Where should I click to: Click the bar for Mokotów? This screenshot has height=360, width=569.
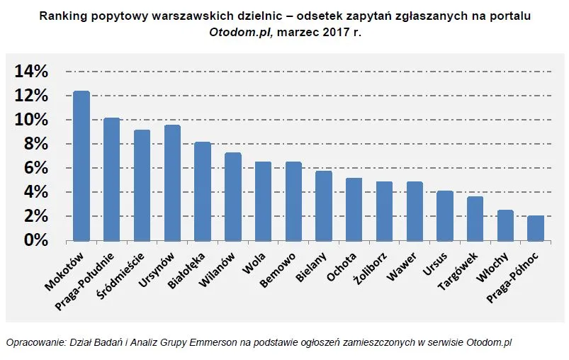pyautogui.click(x=81, y=166)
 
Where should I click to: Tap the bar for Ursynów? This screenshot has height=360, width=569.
pyautogui.click(x=172, y=183)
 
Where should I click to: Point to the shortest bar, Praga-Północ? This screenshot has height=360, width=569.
pyautogui.click(x=536, y=228)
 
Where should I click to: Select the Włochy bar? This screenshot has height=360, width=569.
pyautogui.click(x=505, y=225)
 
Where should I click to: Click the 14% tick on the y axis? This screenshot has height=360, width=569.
pyautogui.click(x=31, y=72)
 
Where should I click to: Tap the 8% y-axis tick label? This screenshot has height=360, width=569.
pyautogui.click(x=35, y=144)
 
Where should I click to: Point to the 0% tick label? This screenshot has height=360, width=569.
pyautogui.click(x=35, y=240)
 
